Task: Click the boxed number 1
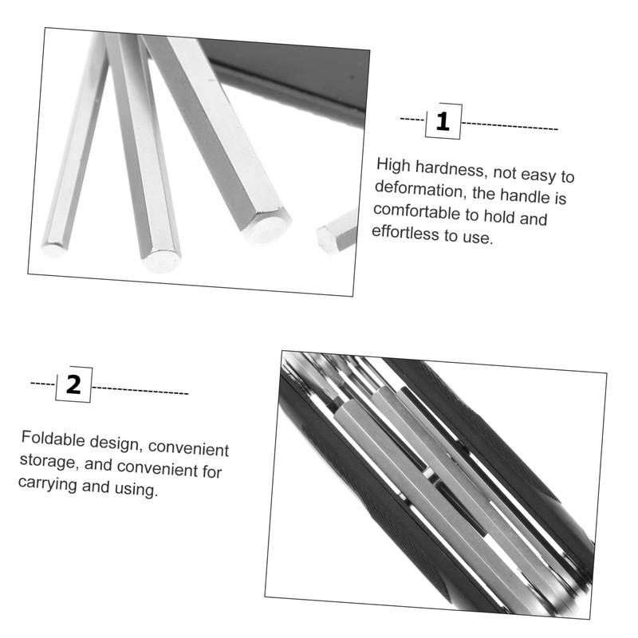click(x=443, y=121)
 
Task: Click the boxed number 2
click(x=73, y=384)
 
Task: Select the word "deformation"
click(x=420, y=190)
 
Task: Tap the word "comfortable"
click(x=419, y=212)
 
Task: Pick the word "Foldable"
click(x=53, y=439)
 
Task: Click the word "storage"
click(x=48, y=461)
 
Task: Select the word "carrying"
click(x=47, y=484)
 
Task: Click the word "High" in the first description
click(x=393, y=165)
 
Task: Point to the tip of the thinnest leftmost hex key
click(x=54, y=249)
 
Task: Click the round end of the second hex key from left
click(x=162, y=260)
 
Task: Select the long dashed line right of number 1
click(x=510, y=126)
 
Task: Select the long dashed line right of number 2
click(x=140, y=391)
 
